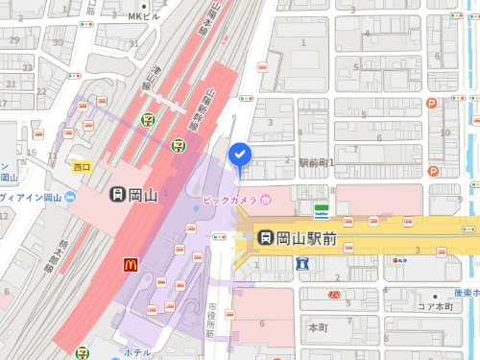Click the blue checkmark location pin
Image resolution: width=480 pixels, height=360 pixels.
pyautogui.click(x=239, y=154)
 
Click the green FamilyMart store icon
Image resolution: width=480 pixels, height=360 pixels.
pyautogui.click(x=323, y=208)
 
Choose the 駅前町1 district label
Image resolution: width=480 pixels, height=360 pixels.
pyautogui.click(x=316, y=163)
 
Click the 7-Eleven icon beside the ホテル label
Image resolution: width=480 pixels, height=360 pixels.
pyautogui.click(x=84, y=352)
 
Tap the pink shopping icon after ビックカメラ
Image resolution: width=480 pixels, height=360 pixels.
pyautogui.click(x=266, y=200)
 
